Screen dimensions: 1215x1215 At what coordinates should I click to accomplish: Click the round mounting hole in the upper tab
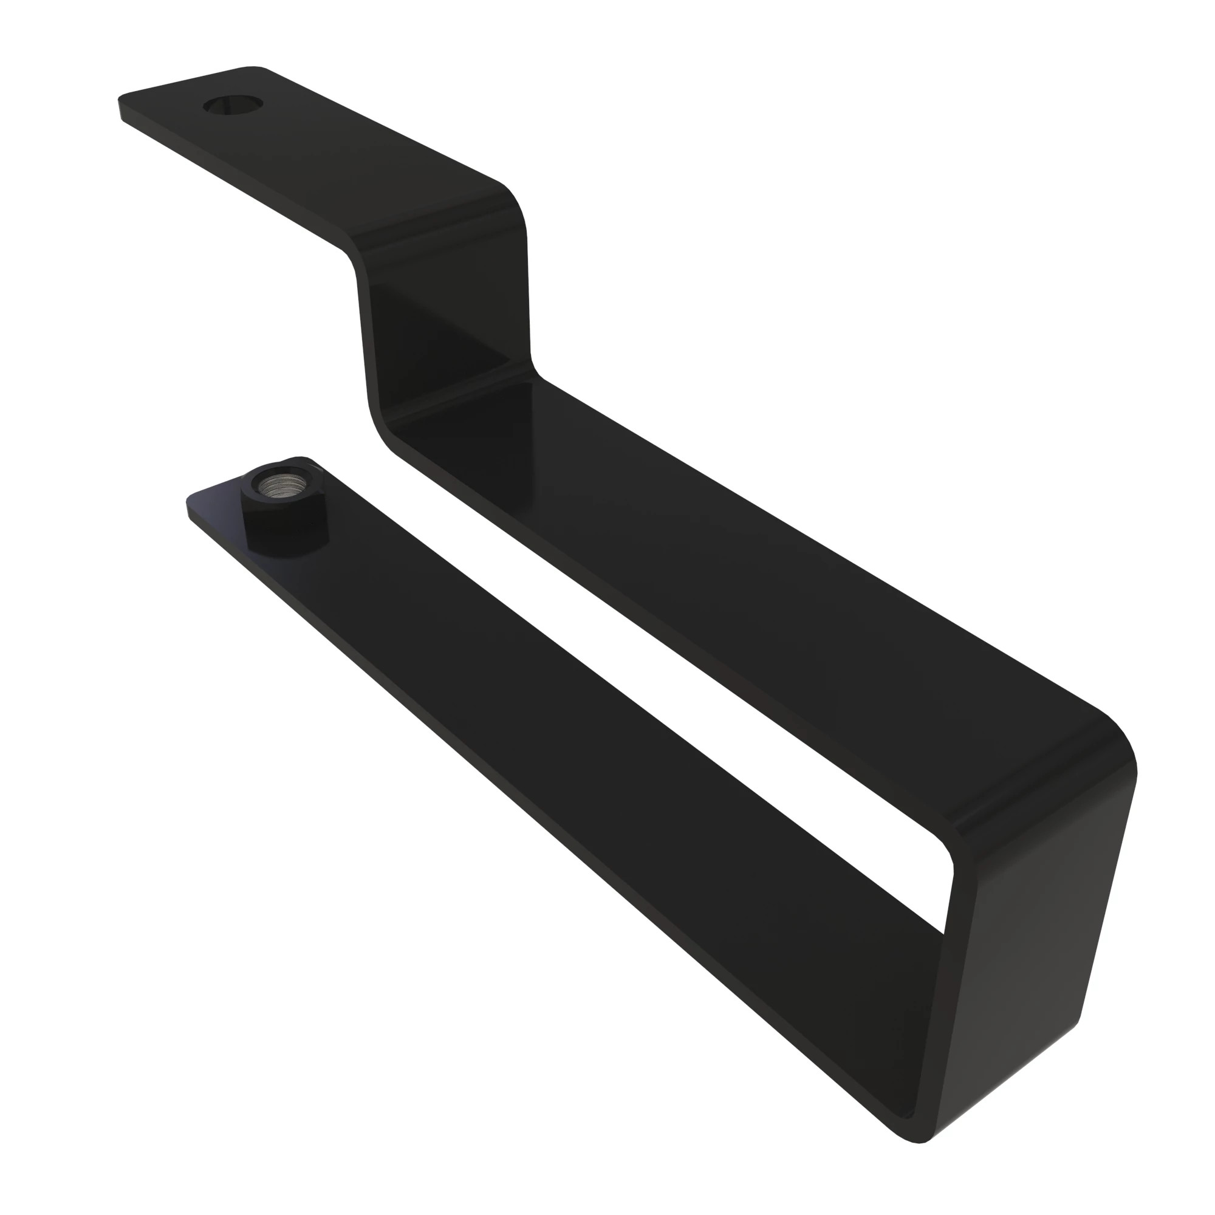click(x=233, y=104)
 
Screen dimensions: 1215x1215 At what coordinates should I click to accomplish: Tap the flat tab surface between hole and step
click(x=352, y=151)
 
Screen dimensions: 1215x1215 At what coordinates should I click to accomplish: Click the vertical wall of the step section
click(x=440, y=327)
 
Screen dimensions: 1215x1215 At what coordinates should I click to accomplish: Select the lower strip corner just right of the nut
click(x=308, y=463)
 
